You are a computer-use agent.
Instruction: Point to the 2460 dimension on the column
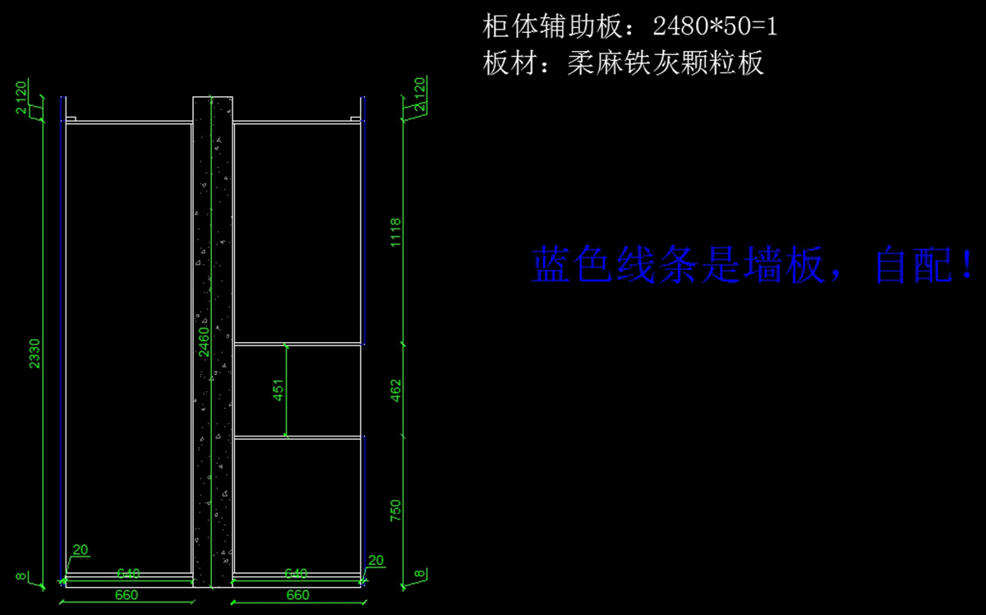[x=205, y=341]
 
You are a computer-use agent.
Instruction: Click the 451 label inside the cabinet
[x=279, y=391]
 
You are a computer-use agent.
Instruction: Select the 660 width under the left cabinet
[x=127, y=594]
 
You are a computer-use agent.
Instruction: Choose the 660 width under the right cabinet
[x=297, y=594]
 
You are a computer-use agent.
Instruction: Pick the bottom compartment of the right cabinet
[x=297, y=503]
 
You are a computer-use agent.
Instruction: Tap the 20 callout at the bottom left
[x=81, y=550]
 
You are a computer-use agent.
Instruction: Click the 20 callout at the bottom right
[x=376, y=561]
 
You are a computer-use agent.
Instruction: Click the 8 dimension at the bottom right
[x=419, y=575]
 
